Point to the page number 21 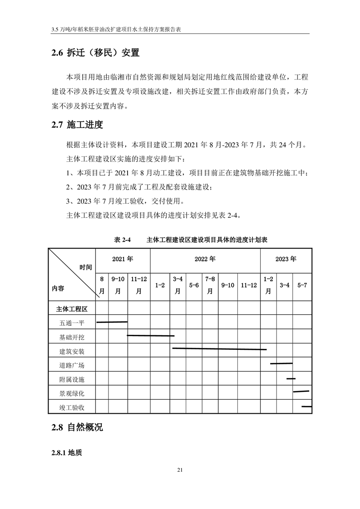pyautogui.click(x=180, y=470)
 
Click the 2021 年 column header pyautogui.click(x=123, y=259)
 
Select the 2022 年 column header pyautogui.click(x=205, y=259)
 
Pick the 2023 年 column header pyautogui.click(x=286, y=259)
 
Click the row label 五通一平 pyautogui.click(x=72, y=323)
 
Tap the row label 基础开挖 pyautogui.click(x=72, y=337)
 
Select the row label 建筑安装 pyautogui.click(x=72, y=351)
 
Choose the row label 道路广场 pyautogui.click(x=72, y=365)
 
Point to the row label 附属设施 pyautogui.click(x=72, y=379)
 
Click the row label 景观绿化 pyautogui.click(x=72, y=393)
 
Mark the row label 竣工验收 pyautogui.click(x=72, y=407)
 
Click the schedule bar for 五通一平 pyautogui.click(x=112, y=322)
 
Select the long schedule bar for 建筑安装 pyautogui.click(x=219, y=349)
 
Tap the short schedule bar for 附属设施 pyautogui.click(x=291, y=378)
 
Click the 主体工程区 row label pyautogui.click(x=72, y=309)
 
